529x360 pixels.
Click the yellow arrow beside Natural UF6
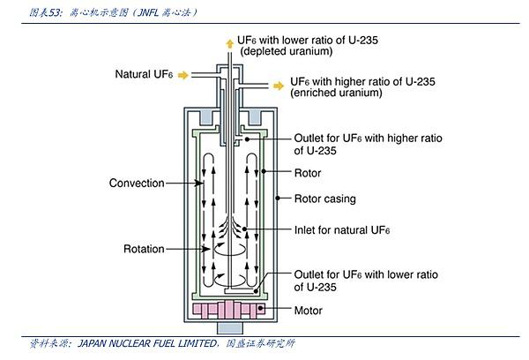(183, 75)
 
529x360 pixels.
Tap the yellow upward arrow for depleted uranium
(230, 43)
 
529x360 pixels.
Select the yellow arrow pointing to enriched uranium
(279, 86)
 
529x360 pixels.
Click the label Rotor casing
(324, 199)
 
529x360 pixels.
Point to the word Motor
(308, 311)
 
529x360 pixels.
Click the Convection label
(137, 183)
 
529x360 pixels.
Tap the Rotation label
(144, 249)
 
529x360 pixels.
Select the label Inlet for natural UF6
(342, 230)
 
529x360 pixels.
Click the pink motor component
(228, 311)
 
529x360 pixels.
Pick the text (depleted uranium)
(287, 51)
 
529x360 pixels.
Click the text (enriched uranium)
(337, 93)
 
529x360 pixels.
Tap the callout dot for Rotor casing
(278, 198)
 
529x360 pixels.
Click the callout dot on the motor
(260, 308)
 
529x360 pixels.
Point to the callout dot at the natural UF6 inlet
(244, 229)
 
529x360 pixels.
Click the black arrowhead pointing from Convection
(199, 183)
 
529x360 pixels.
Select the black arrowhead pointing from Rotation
(205, 249)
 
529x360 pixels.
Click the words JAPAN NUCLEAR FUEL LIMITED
(148, 343)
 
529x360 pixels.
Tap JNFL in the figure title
(148, 13)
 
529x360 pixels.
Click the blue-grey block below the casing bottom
(230, 328)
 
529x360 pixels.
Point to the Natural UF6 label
(144, 74)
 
